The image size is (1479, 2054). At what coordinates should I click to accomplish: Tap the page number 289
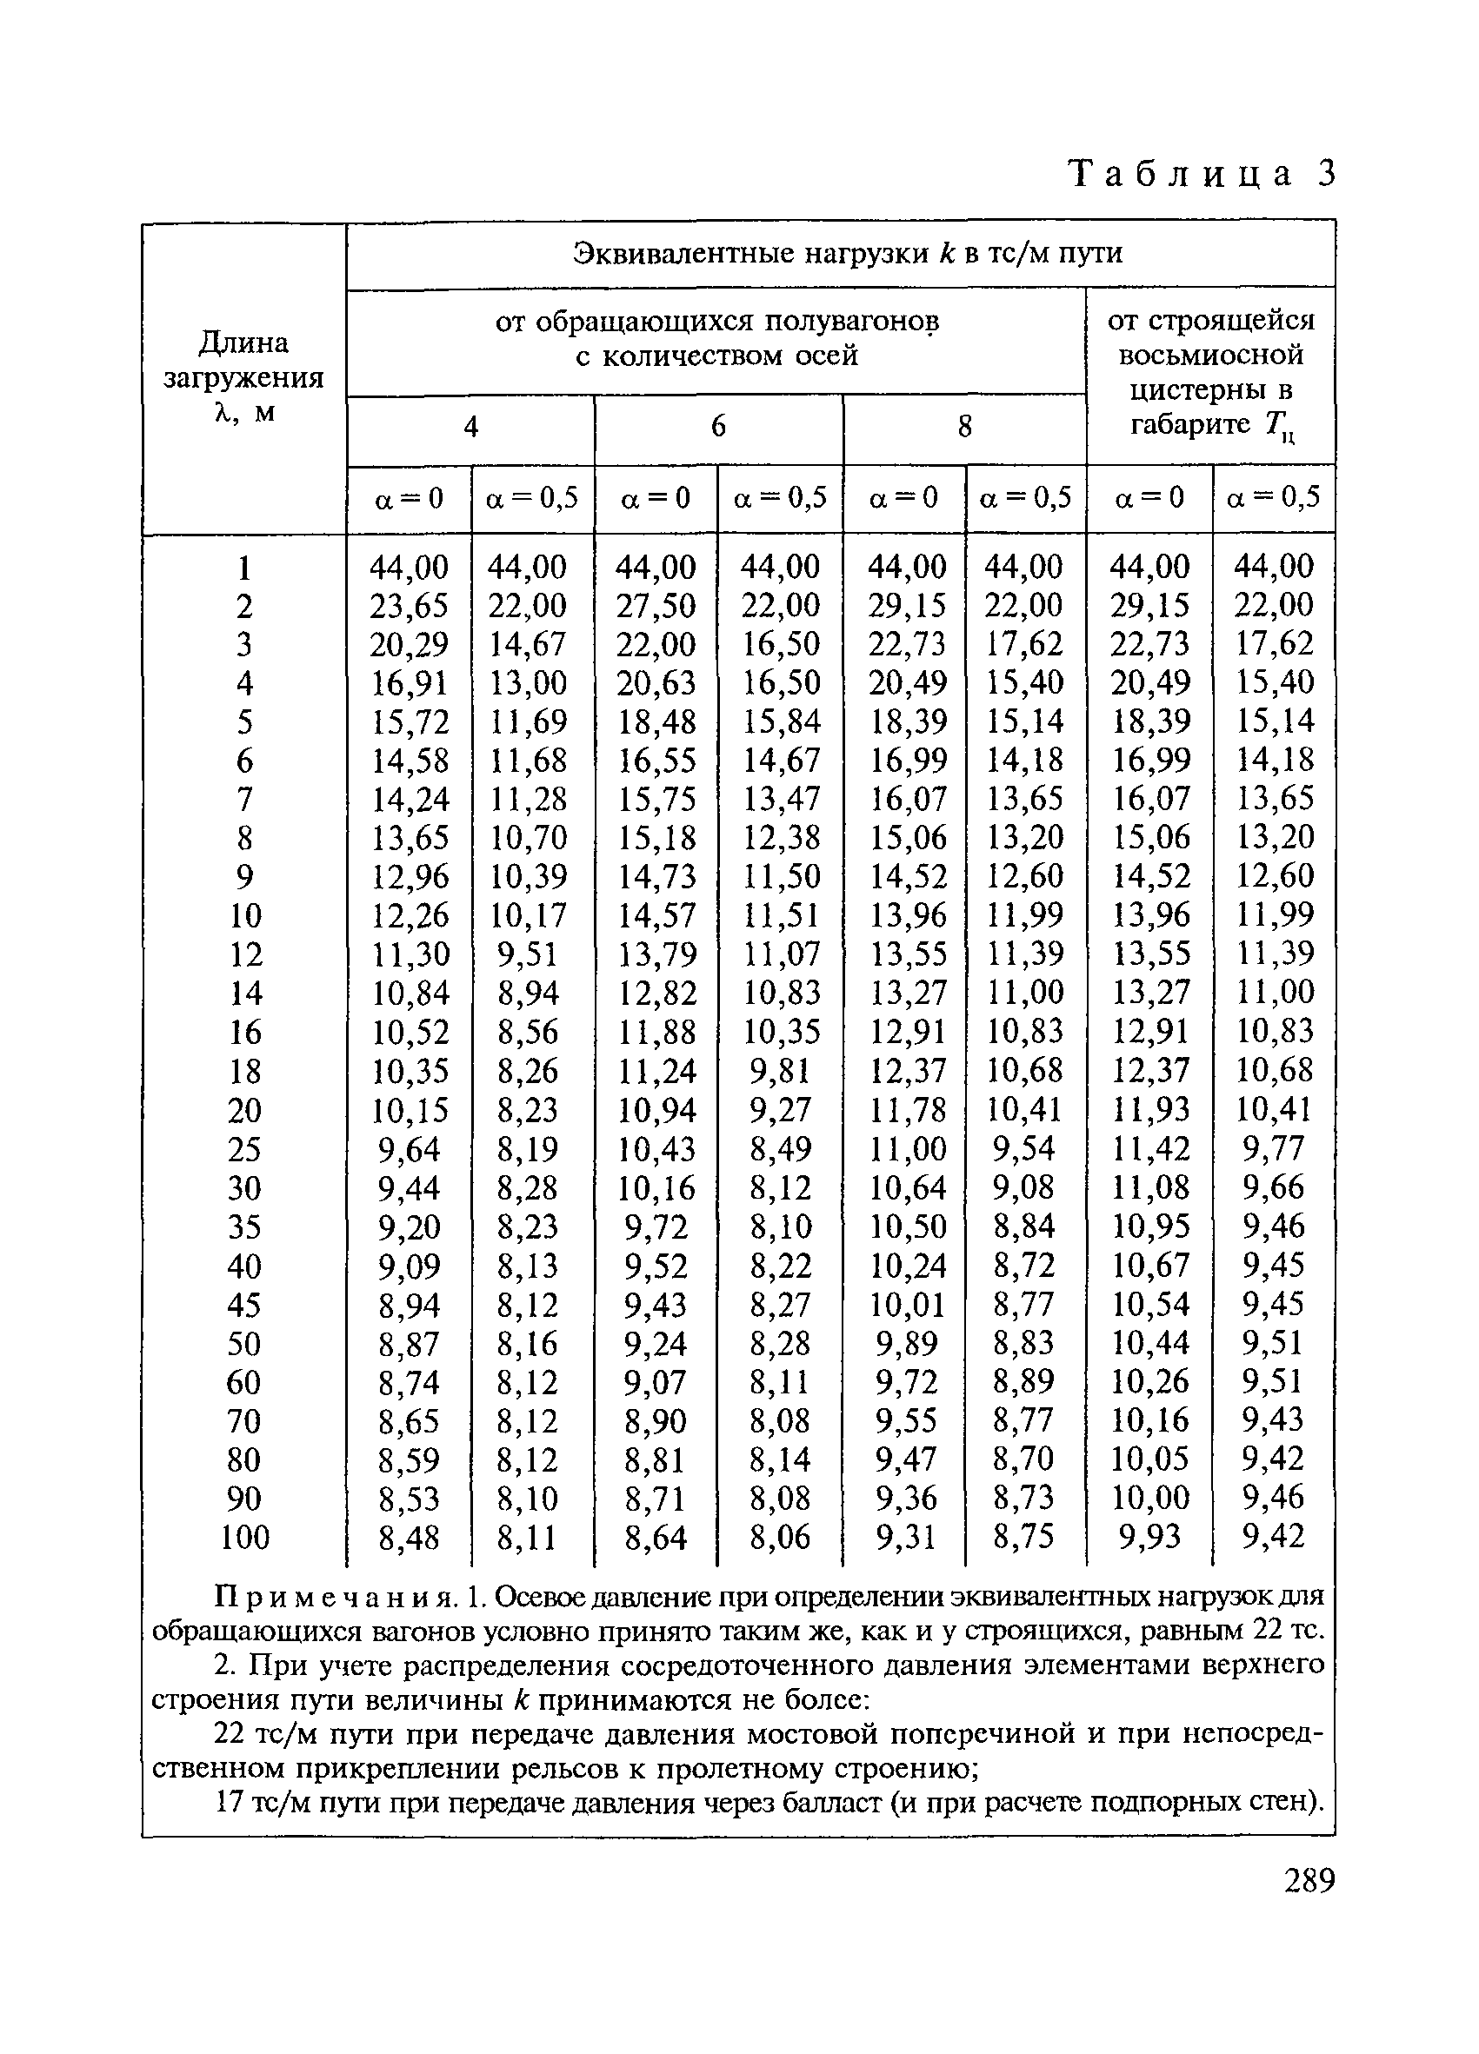1309,1881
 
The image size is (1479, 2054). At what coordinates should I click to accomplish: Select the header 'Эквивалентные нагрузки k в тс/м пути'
848,253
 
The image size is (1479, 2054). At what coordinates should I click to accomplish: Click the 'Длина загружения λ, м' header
243,376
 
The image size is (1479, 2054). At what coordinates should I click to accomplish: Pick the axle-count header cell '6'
717,426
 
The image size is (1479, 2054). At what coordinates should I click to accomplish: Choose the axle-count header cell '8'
964,426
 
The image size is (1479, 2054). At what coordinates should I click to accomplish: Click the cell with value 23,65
409,605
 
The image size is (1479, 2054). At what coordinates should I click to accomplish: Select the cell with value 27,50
656,605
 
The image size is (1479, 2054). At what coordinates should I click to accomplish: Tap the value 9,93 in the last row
1149,1537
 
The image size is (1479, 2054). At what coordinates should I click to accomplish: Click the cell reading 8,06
780,1537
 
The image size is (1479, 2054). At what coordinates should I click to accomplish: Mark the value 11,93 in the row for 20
1149,1109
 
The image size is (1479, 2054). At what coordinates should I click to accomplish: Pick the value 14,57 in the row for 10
656,914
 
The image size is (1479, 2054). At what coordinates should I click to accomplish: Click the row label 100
244,1537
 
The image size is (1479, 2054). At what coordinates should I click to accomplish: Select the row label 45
244,1305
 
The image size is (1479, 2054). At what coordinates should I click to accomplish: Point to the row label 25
244,1149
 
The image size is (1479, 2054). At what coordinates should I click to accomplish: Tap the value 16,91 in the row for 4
409,683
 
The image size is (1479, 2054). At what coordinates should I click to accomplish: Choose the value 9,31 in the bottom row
905,1537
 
